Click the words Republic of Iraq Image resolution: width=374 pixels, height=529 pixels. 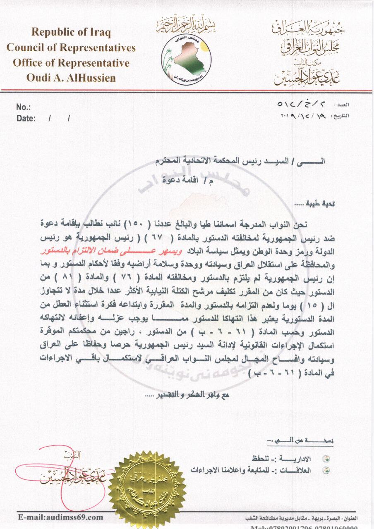click(x=71, y=32)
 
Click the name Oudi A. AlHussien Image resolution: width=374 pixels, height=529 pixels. click(x=71, y=78)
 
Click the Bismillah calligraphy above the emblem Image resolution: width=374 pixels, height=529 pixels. click(x=185, y=27)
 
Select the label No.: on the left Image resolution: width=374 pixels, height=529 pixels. click(x=24, y=107)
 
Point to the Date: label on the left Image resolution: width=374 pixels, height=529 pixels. click(x=26, y=119)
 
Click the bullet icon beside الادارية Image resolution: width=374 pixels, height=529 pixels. click(x=328, y=459)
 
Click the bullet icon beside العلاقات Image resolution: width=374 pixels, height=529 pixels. click(x=328, y=470)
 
